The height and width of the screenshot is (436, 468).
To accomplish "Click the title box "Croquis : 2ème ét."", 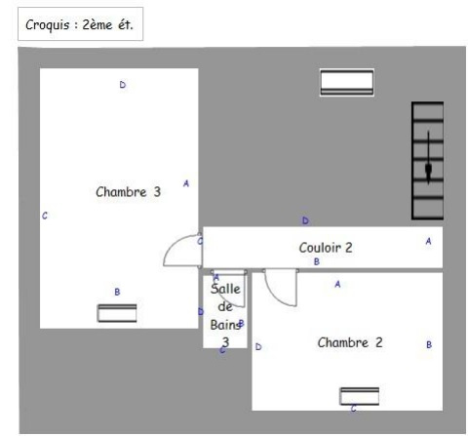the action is click(x=80, y=24).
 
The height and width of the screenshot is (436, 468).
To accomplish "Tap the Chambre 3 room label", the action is click(x=129, y=192).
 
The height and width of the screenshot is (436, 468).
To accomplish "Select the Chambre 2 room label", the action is click(x=350, y=342).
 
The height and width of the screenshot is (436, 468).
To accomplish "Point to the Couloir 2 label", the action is click(x=326, y=248).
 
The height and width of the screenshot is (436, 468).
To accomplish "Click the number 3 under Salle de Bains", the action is click(x=225, y=342).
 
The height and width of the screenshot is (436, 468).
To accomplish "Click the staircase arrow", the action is click(x=428, y=157).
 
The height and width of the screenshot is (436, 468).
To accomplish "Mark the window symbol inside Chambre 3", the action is click(x=117, y=313).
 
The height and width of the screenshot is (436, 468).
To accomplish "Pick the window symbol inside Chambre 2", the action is click(x=360, y=396).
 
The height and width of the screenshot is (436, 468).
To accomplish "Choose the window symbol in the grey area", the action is click(x=347, y=83).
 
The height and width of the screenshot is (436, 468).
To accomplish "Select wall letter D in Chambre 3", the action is click(x=123, y=85).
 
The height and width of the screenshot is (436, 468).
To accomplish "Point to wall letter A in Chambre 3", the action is click(x=186, y=183).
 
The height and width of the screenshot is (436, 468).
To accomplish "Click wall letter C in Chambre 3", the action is click(x=45, y=216).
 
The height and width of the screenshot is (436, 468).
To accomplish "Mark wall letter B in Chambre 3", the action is click(x=117, y=292).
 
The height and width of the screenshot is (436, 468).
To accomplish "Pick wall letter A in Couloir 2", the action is click(x=428, y=241).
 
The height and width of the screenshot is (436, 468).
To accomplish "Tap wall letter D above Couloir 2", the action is click(x=305, y=220).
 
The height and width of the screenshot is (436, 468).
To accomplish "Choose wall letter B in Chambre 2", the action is click(x=429, y=344).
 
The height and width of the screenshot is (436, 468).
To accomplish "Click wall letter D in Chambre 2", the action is click(x=258, y=347).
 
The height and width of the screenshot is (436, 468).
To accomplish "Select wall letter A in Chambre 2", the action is click(x=337, y=285).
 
